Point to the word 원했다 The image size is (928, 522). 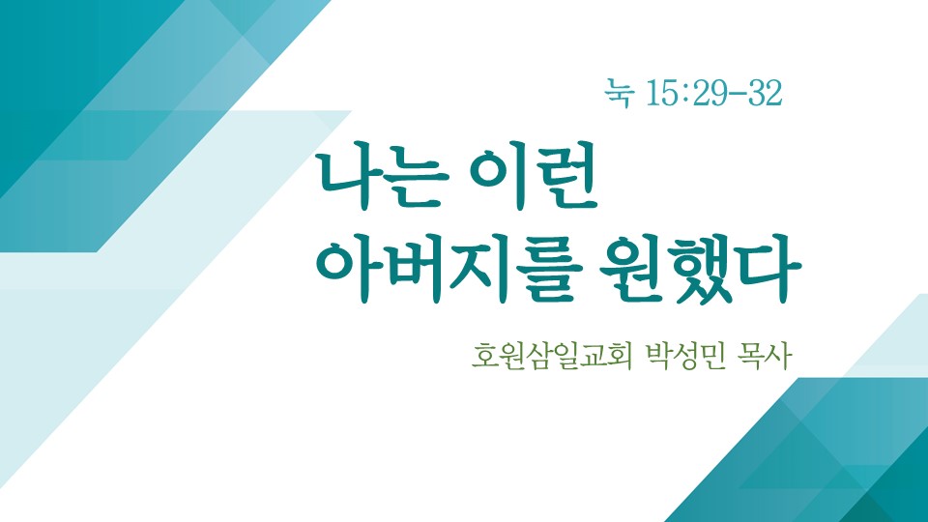click(700, 270)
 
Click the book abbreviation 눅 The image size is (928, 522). click(620, 94)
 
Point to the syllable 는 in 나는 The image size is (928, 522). click(416, 180)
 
